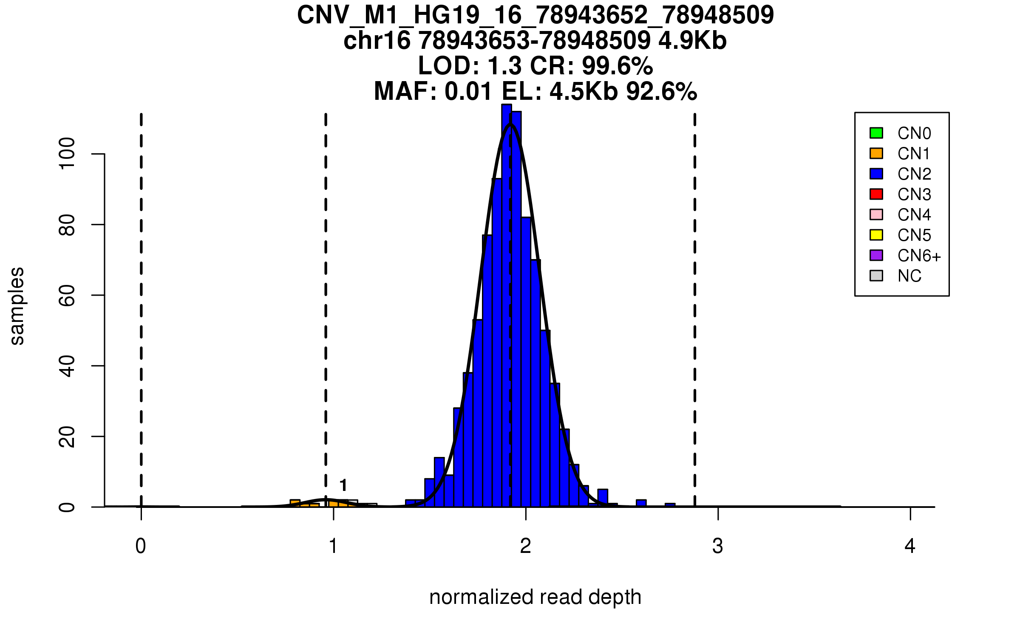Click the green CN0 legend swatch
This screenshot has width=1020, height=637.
876,133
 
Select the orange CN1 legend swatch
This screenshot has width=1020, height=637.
876,153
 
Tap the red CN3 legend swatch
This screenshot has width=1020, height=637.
876,194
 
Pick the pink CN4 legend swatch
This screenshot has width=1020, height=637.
876,214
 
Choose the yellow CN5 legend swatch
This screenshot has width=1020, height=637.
876,235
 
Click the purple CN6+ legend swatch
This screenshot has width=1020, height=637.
876,255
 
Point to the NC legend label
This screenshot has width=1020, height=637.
909,276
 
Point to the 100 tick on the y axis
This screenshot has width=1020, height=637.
67,154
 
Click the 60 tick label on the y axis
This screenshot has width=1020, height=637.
67,295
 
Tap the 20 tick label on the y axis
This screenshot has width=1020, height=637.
67,437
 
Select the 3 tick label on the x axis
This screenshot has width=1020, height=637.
718,547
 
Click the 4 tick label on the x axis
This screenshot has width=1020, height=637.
910,547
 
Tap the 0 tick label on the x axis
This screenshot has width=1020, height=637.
141,547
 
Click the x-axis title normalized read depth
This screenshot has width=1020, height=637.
535,598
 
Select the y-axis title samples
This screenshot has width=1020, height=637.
17,306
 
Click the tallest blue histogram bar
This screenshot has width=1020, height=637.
506,306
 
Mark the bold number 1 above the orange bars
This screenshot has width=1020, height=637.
343,485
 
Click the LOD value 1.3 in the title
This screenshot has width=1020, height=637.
505,66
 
